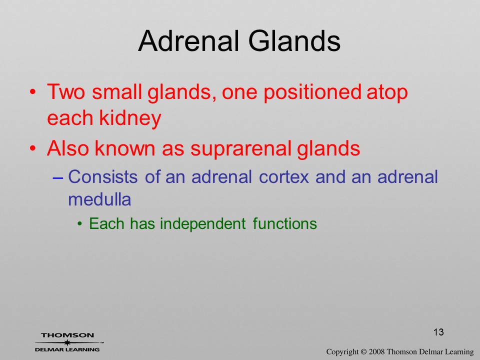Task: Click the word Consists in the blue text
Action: click(x=103, y=176)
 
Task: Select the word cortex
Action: click(x=284, y=177)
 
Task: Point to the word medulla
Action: click(x=99, y=199)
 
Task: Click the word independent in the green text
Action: click(x=202, y=224)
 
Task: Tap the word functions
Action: click(x=284, y=223)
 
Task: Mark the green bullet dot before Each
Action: click(x=80, y=224)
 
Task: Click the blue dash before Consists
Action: click(x=58, y=177)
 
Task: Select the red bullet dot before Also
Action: click(x=33, y=148)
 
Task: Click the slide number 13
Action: click(x=438, y=332)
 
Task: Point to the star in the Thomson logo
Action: click(x=67, y=342)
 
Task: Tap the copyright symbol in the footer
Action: click(x=363, y=351)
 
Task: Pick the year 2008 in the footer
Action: click(x=376, y=351)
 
